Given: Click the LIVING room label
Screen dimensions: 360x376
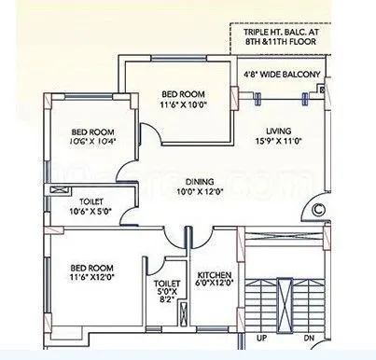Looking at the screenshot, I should (x=279, y=132).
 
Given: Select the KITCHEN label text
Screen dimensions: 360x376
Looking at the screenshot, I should (x=215, y=275).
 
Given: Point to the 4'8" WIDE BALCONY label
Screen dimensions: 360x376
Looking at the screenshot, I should (x=281, y=74).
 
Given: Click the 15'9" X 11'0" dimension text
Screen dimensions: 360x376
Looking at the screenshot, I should (x=279, y=143).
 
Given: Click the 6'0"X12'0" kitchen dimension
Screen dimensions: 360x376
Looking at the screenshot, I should (x=215, y=284).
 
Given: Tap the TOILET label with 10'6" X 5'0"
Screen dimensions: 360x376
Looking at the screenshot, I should (x=91, y=201).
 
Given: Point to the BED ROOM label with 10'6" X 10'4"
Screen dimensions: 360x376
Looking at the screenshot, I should (x=91, y=131).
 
